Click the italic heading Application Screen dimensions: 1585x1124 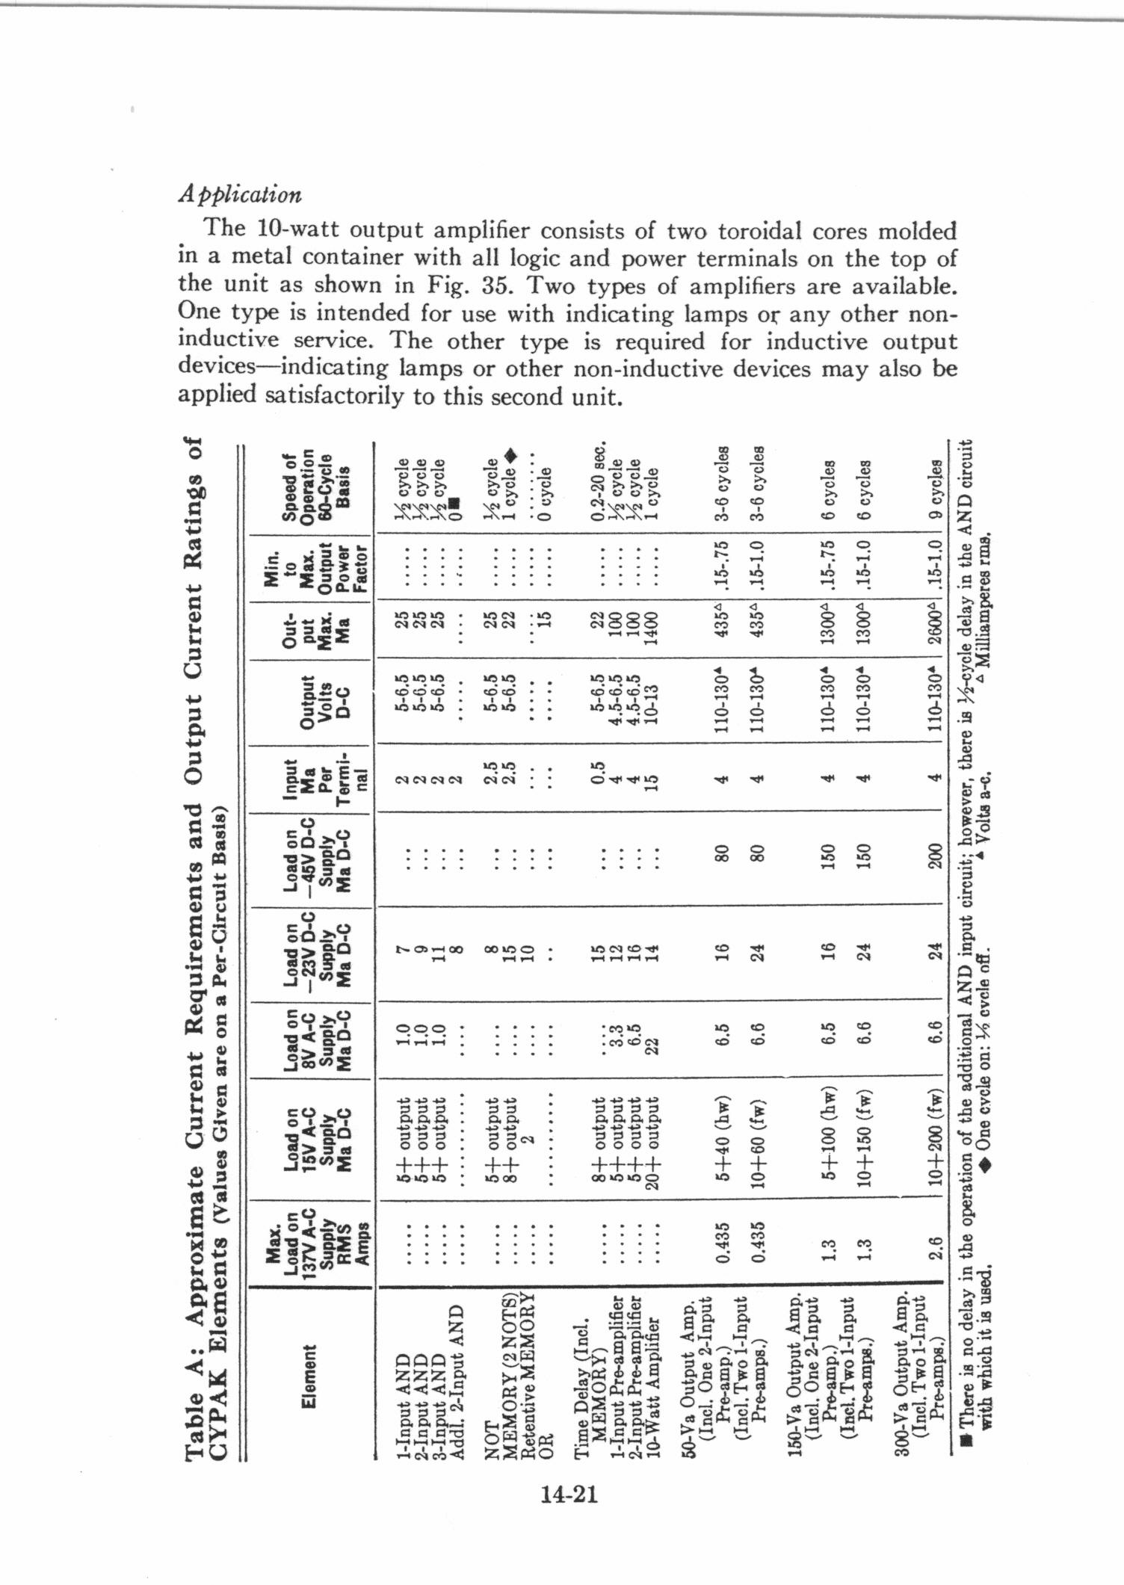click(x=240, y=194)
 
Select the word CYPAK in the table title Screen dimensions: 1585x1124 click(x=216, y=1423)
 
